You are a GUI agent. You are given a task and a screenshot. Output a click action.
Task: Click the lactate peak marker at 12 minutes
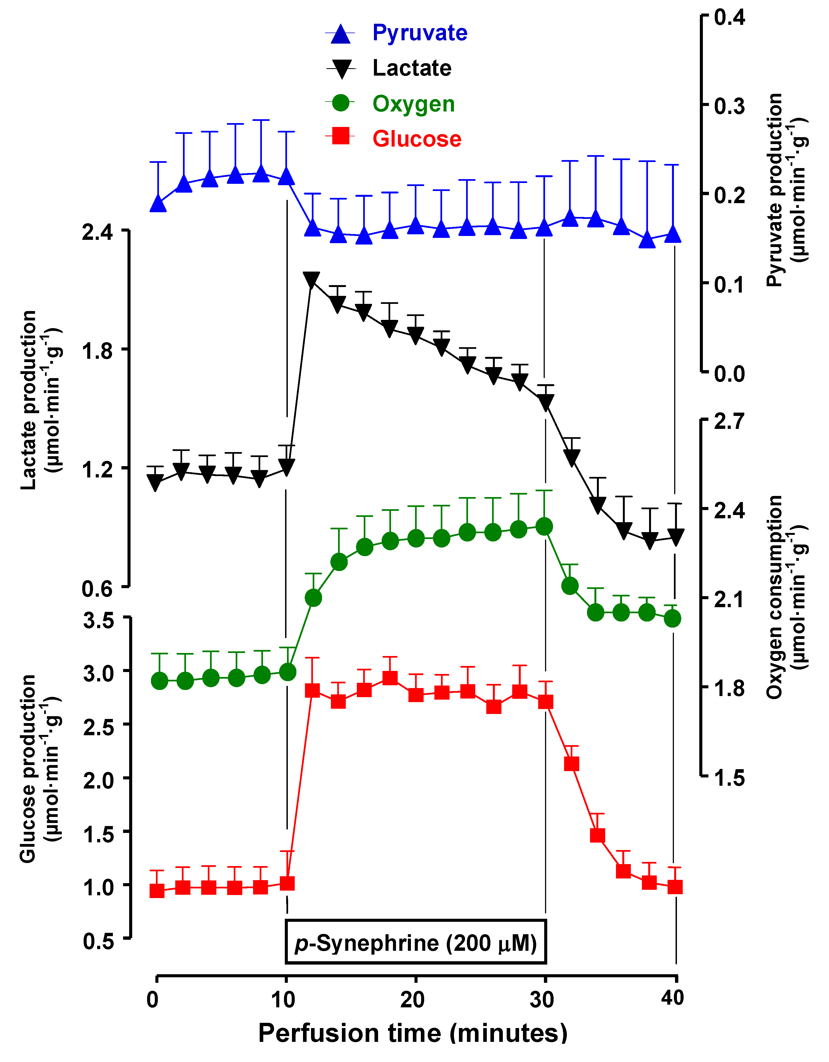click(x=311, y=280)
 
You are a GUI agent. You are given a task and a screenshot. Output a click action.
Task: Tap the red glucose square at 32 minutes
click(x=571, y=764)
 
